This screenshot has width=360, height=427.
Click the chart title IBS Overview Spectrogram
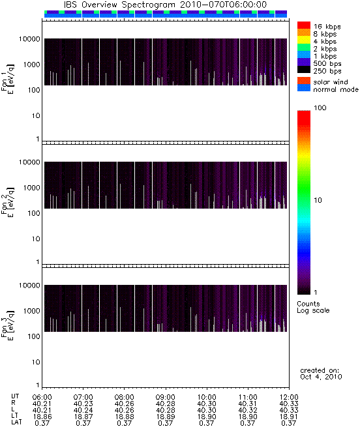119,5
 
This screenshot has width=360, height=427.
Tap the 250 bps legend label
327,71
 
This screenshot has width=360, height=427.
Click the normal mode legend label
336,89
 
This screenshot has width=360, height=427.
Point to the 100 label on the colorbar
320,108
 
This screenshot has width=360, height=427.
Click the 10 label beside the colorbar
318,200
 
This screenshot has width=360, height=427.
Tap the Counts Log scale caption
313,307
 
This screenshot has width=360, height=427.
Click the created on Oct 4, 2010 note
321,374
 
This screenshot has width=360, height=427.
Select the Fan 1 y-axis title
8,79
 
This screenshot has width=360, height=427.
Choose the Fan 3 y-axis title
8,325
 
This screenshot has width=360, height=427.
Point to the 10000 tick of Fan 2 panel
29,162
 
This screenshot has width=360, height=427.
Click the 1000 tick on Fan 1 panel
31,65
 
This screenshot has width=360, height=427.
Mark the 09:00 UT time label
166,397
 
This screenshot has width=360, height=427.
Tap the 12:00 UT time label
289,397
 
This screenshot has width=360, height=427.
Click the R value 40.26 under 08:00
125,404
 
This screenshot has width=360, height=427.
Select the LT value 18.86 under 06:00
42,417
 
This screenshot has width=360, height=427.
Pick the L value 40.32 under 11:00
248,410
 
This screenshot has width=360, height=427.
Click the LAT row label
16,422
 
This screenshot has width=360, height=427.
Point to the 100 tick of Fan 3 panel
34,336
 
